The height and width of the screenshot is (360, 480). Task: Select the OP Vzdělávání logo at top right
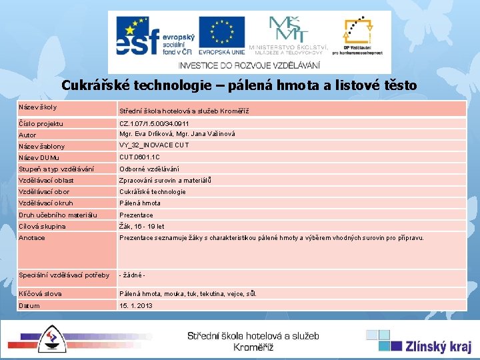tap(363, 35)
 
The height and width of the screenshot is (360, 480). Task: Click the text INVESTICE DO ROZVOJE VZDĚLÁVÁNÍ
tap(249, 65)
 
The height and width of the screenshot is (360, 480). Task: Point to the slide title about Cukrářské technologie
tap(239, 85)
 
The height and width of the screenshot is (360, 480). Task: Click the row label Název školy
tap(39, 107)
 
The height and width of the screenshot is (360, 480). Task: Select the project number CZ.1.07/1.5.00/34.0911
tap(154, 124)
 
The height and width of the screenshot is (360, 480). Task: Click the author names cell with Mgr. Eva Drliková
tap(177, 134)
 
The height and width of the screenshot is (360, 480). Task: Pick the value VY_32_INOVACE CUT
tap(154, 145)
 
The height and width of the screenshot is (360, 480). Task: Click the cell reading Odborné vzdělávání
tap(149, 169)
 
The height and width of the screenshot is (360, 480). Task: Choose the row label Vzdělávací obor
tap(44, 192)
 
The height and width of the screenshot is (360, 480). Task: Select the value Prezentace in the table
tap(136, 215)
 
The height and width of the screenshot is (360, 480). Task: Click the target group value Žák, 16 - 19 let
tap(141, 227)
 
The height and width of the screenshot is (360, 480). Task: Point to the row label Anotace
tap(32, 238)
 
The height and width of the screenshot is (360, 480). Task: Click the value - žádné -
tap(132, 275)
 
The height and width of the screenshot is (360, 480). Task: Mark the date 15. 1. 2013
tap(135, 305)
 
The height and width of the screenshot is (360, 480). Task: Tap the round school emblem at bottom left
tap(51, 339)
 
